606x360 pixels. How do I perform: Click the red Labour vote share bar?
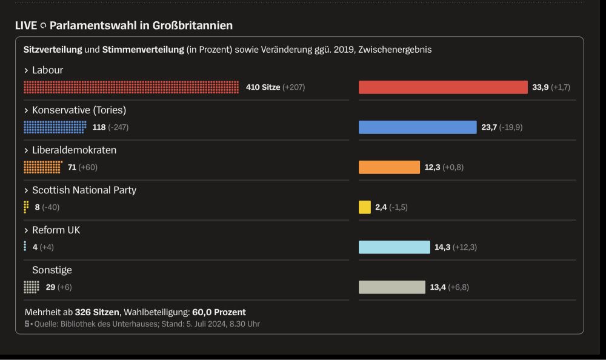coord(443,87)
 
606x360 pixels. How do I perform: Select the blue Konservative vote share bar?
coord(418,127)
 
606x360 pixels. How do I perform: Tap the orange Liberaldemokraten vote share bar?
coord(389,167)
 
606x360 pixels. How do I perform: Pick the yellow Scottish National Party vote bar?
coord(365,207)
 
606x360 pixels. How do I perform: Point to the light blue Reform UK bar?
coord(394,247)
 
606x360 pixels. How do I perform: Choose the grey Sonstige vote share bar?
coord(392,287)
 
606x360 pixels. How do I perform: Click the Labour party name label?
coord(47,70)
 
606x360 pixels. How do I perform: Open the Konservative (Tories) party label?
coord(79,110)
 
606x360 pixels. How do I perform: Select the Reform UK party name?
coord(56,230)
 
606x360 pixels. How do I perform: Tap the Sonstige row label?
coord(52,270)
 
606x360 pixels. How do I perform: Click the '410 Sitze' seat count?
coord(263,87)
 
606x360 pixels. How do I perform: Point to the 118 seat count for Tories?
coord(99,127)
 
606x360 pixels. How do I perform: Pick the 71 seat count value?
coord(72,167)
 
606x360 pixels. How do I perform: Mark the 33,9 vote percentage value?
coord(541,87)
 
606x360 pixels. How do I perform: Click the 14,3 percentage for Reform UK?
coord(442,247)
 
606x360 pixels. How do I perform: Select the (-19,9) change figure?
coord(511,127)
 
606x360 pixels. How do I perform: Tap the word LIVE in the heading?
coord(26,25)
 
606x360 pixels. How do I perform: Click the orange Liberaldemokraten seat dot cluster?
coord(42,167)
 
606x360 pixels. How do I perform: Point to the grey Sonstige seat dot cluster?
coord(32,287)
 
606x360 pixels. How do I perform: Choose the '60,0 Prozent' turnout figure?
coord(219,312)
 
